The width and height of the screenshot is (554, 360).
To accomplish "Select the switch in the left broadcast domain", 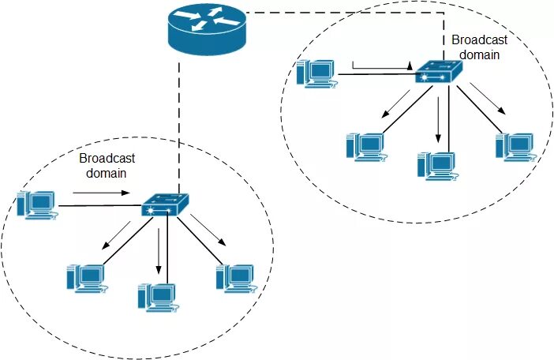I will point(165,206).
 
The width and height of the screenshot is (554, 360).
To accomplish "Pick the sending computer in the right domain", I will point(316,73).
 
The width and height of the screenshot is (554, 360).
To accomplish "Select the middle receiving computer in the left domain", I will point(156,296).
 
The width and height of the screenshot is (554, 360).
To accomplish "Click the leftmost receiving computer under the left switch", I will point(85,276).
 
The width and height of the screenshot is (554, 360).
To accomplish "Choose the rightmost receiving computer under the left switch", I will point(234,276).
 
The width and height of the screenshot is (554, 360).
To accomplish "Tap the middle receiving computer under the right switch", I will point(436,163).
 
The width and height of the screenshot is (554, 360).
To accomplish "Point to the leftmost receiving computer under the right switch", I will point(365,146).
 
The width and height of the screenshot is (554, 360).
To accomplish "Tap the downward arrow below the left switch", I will point(159,249).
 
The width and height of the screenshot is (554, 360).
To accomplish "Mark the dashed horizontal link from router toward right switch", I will point(339,12).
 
